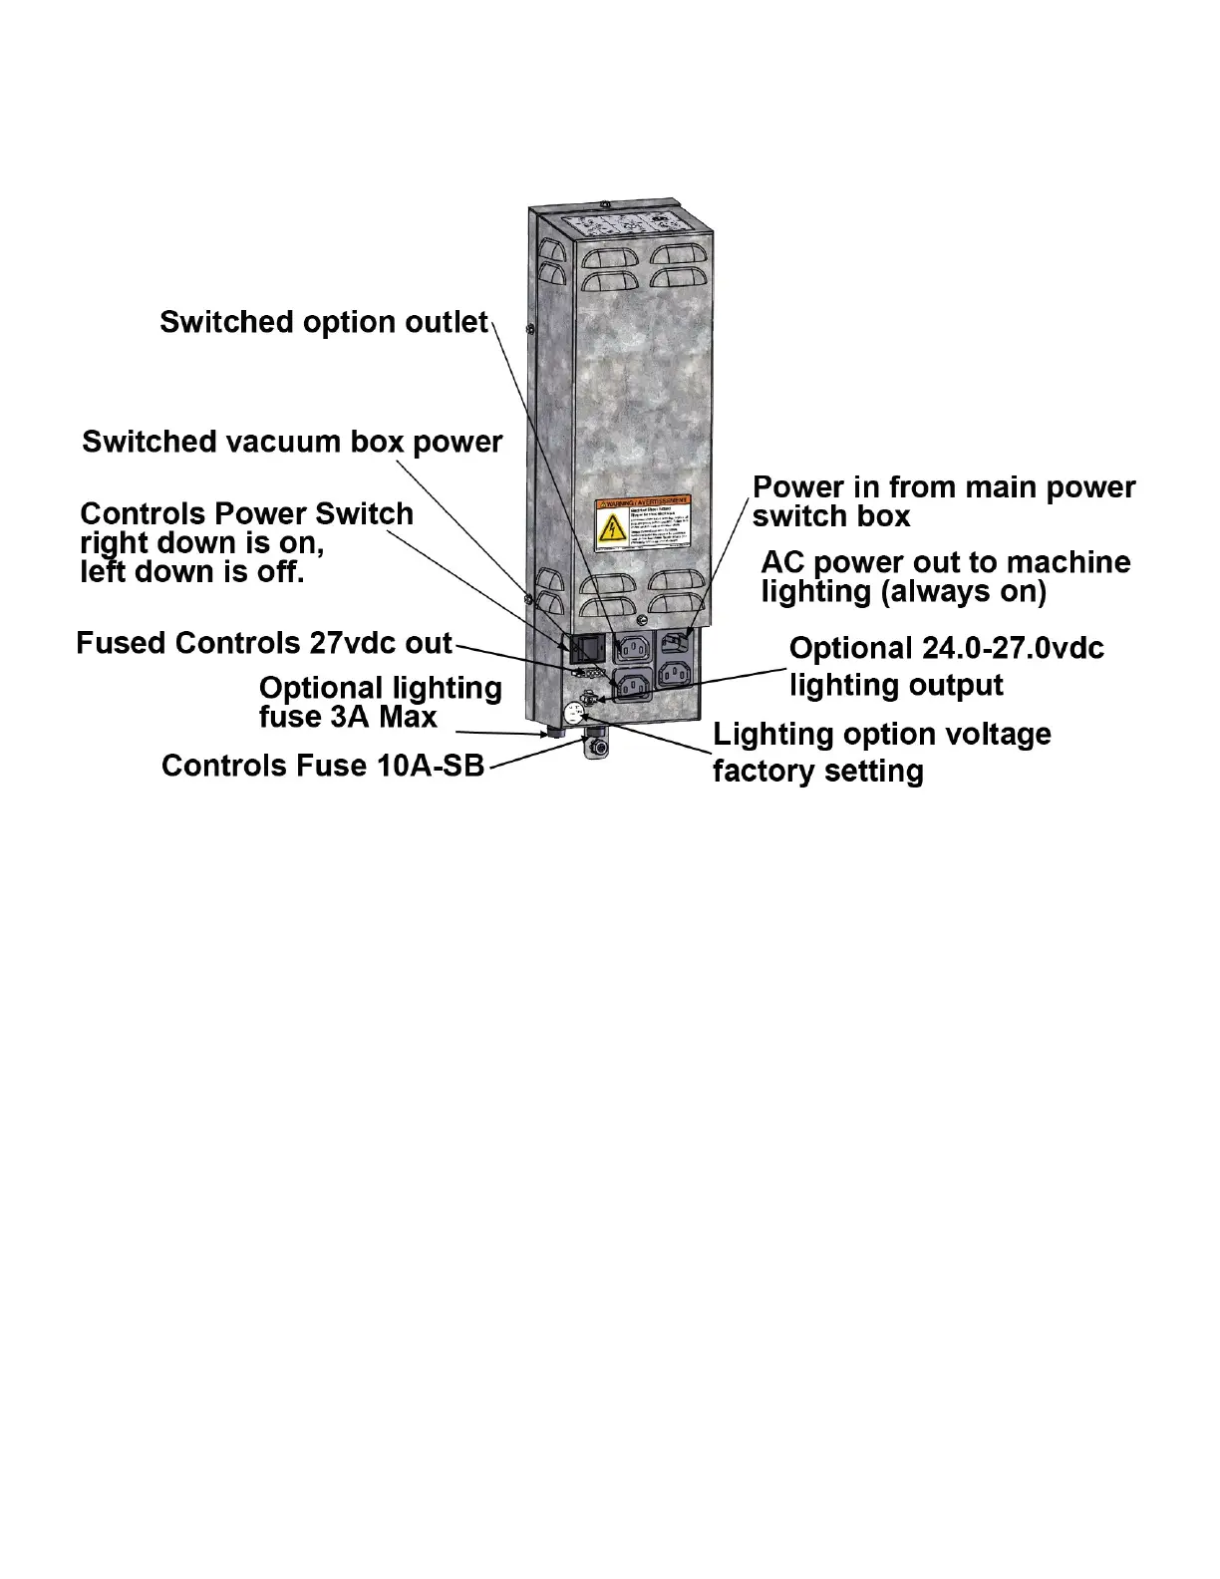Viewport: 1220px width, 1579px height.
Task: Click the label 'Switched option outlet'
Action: coord(324,322)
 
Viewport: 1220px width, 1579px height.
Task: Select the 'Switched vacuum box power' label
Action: coord(292,442)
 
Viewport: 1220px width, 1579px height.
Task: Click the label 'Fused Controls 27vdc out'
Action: coord(264,643)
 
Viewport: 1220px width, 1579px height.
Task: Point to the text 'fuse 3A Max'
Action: coord(347,717)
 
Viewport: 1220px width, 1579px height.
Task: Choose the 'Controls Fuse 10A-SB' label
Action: coord(323,766)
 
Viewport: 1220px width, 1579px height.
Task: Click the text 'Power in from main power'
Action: coord(943,487)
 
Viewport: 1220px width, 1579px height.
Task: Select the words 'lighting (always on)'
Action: coord(903,592)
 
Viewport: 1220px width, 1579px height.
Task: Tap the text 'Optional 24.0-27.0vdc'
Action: coord(946,649)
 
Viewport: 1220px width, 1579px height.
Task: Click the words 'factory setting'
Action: coord(817,772)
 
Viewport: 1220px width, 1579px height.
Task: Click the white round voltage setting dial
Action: coord(575,713)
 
